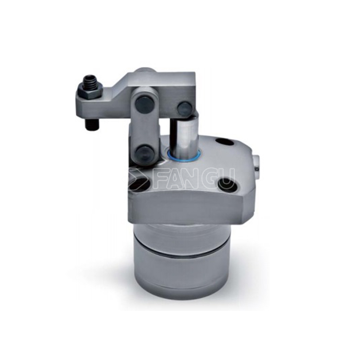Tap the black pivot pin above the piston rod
tap(184, 107)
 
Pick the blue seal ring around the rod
tap(184, 155)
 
